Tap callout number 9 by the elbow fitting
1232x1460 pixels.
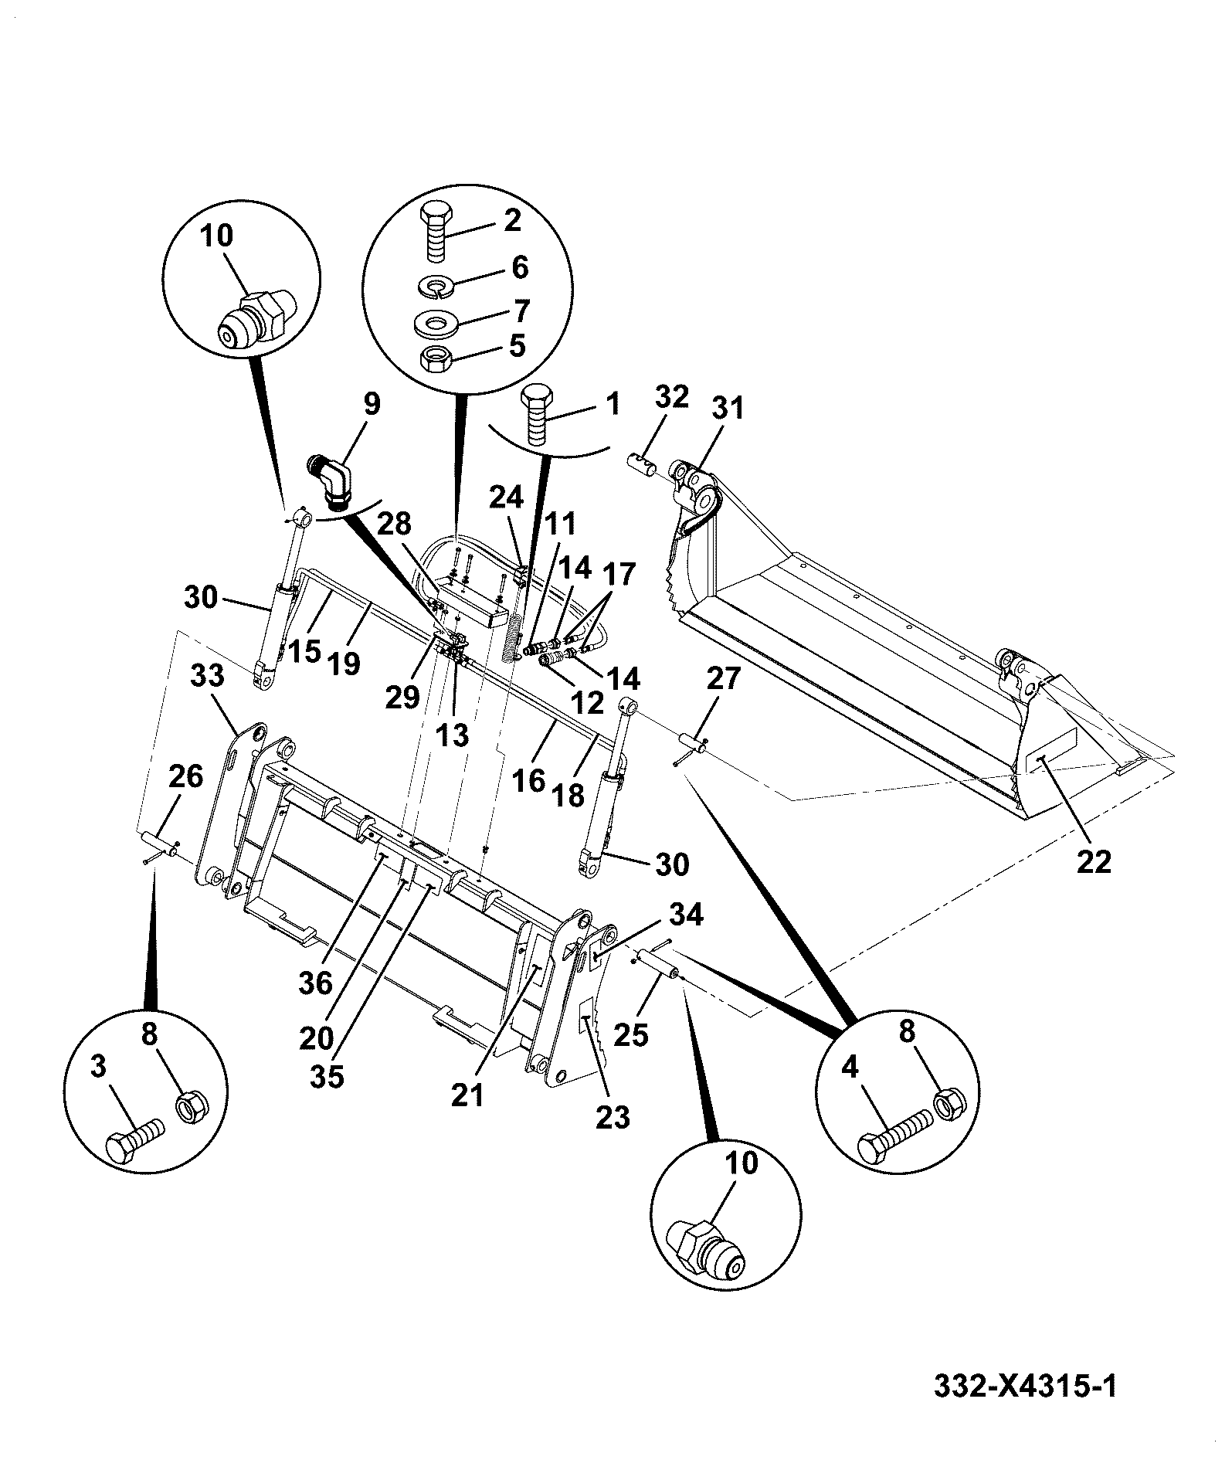[372, 405]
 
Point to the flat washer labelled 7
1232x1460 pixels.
[436, 320]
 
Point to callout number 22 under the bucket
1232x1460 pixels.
[1094, 861]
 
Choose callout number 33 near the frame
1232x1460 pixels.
[206, 677]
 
